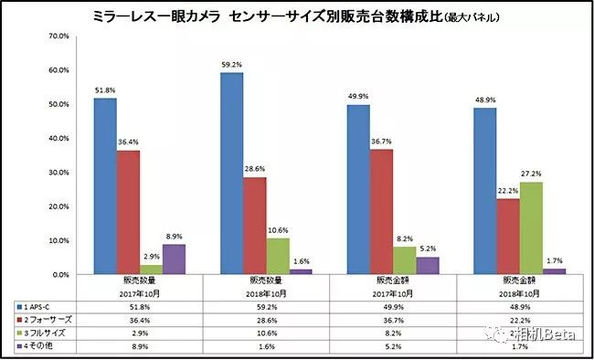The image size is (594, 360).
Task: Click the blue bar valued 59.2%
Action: (232, 174)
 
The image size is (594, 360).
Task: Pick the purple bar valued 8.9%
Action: (176, 259)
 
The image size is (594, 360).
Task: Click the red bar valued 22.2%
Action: (507, 237)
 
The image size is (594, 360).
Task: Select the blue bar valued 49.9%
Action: (358, 189)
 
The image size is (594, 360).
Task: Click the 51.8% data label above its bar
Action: (105, 90)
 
